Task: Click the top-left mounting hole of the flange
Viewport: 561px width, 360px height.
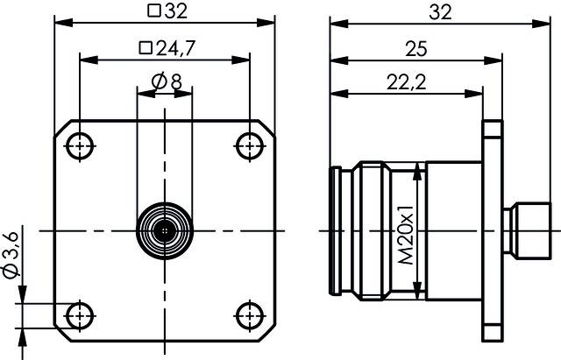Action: pyautogui.click(x=80, y=145)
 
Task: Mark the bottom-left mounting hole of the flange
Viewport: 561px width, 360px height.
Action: pyautogui.click(x=80, y=314)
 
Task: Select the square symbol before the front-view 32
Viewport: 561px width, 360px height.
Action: pyautogui.click(x=153, y=11)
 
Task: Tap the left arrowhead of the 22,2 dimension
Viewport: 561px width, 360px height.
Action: pyautogui.click(x=336, y=93)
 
